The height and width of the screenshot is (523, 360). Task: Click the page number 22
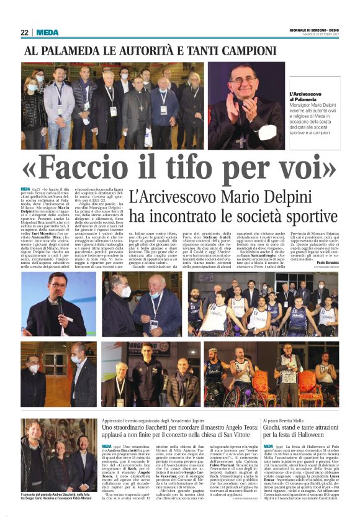click(x=25, y=32)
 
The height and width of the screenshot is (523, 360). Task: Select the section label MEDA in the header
click(x=47, y=32)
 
